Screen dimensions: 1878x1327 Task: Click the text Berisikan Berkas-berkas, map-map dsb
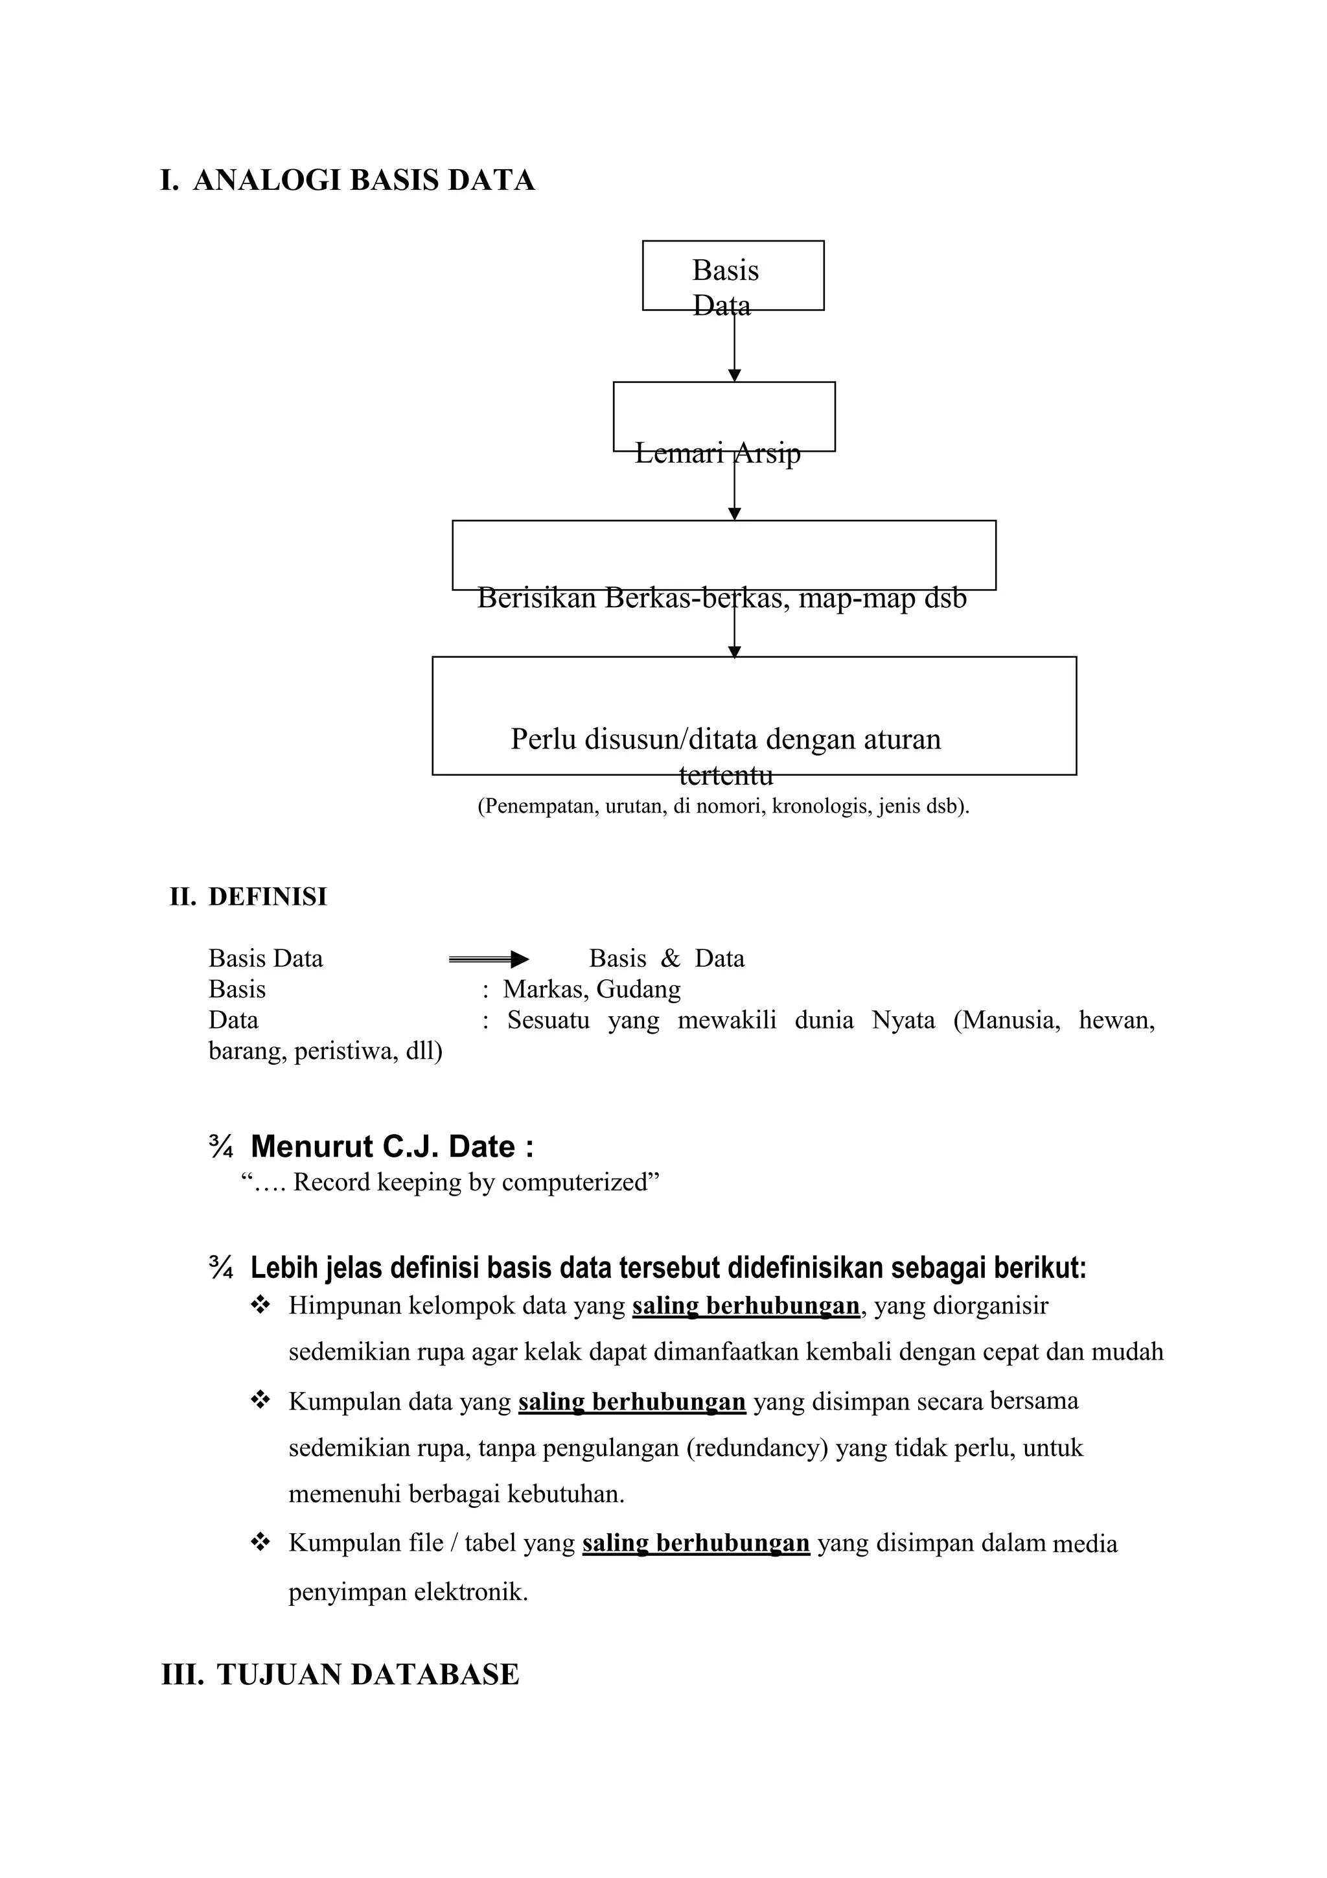pos(721,598)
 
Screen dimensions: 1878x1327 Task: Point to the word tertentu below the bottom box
pos(725,774)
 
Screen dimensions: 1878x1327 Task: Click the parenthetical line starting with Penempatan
pos(722,807)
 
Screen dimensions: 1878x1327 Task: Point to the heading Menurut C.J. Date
pos(391,1147)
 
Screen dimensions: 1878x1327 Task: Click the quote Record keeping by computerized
pos(450,1183)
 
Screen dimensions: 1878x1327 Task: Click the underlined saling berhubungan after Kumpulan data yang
pos(631,1402)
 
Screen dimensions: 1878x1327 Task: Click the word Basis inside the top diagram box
pos(725,271)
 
